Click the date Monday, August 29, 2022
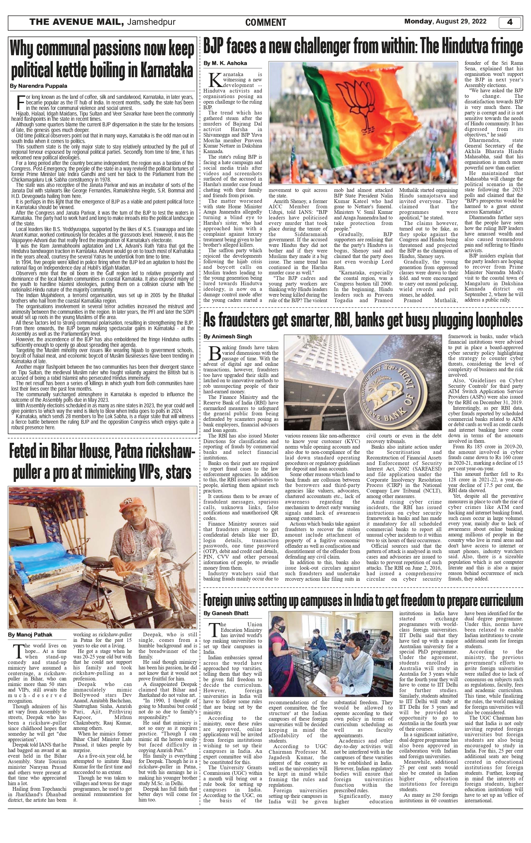pos(445,21)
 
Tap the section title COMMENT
pos(265,23)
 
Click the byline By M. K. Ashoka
pos(225,63)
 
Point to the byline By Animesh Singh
pos(228,337)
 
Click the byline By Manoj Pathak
pos(30,635)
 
